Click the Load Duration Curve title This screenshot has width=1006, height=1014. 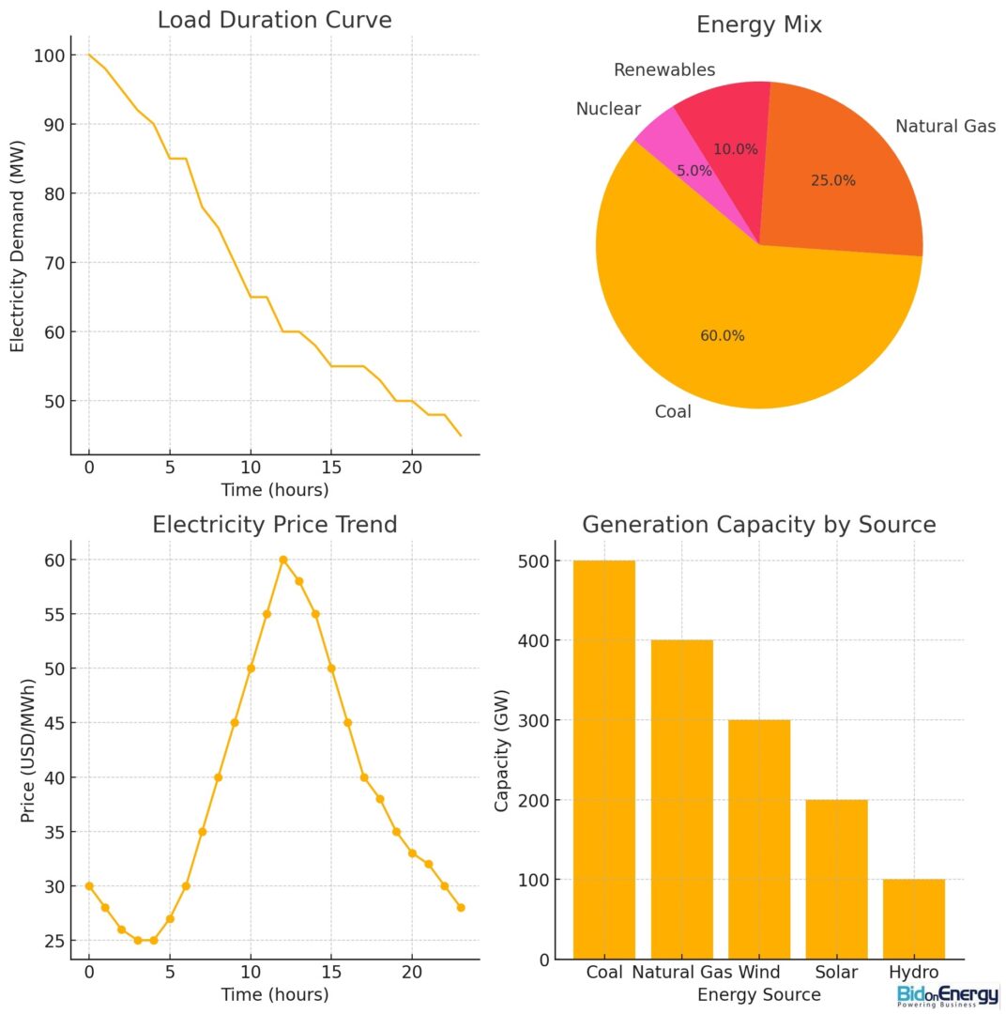tap(274, 20)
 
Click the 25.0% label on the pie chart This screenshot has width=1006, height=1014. tap(833, 180)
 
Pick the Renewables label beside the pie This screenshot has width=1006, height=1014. tap(663, 70)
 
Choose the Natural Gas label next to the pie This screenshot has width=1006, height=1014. tap(945, 126)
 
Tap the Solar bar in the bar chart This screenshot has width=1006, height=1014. tap(836, 879)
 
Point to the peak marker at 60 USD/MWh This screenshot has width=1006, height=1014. tap(282, 560)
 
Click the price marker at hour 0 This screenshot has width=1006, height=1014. tap(89, 885)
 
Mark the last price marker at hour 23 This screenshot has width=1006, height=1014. tap(461, 907)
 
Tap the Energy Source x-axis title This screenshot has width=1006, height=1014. tap(759, 994)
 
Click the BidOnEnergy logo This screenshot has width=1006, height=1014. tap(947, 995)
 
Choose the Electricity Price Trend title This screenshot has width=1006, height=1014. tap(274, 525)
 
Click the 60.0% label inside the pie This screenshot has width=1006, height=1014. tap(723, 335)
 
